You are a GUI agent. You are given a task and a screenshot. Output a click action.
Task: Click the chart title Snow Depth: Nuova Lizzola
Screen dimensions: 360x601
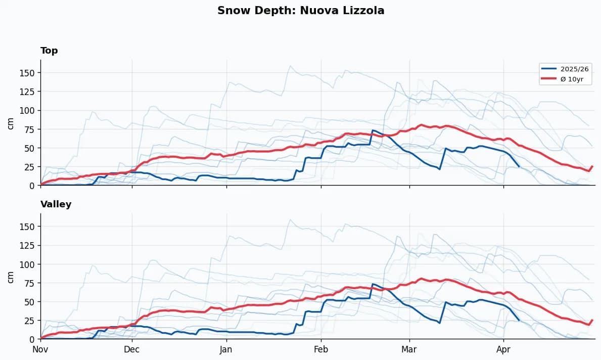pyautogui.click(x=301, y=11)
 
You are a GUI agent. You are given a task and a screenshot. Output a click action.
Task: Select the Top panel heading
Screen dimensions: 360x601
pyautogui.click(x=49, y=51)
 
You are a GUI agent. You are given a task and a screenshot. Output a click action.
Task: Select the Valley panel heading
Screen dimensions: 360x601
pyautogui.click(x=56, y=204)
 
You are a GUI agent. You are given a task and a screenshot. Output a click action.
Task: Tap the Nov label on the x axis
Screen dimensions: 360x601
pyautogui.click(x=40, y=349)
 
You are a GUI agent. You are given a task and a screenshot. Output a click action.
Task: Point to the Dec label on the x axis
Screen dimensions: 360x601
pyautogui.click(x=132, y=349)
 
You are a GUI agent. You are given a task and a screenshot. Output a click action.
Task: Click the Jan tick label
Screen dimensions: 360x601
pyautogui.click(x=226, y=349)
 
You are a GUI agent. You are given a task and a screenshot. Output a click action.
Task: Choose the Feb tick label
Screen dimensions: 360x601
pyautogui.click(x=321, y=349)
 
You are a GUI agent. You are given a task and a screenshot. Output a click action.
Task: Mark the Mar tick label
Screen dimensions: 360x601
pyautogui.click(x=409, y=349)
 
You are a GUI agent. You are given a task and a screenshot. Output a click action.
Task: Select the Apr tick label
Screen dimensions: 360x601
pyautogui.click(x=503, y=349)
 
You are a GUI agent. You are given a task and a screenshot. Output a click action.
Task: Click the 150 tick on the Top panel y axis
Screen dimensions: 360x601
pyautogui.click(x=27, y=73)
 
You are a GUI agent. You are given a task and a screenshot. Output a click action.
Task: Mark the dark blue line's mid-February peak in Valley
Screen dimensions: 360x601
pyautogui.click(x=373, y=284)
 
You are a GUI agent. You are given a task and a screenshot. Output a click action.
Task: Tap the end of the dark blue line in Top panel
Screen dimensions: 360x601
pyautogui.click(x=519, y=166)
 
